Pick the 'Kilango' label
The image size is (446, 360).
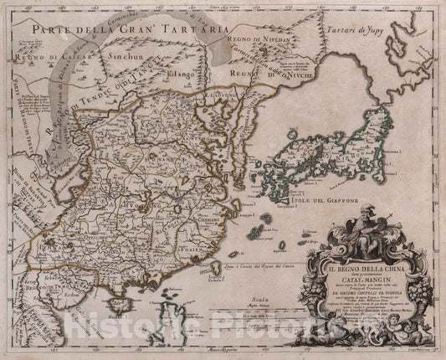pos(182,75)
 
